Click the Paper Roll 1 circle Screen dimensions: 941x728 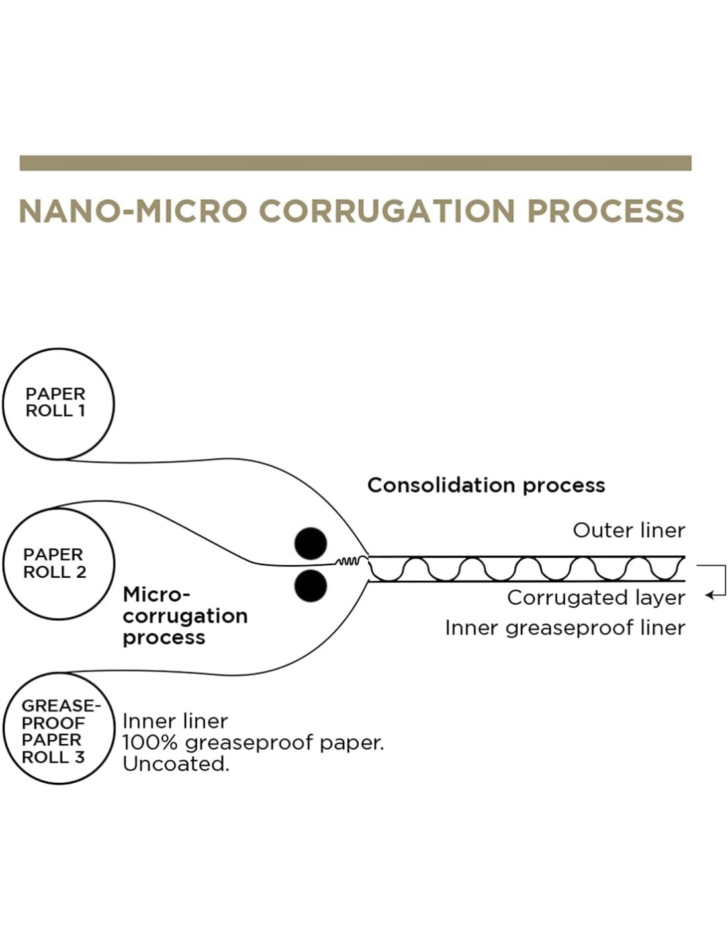coord(58,403)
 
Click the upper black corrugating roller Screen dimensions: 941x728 coord(310,543)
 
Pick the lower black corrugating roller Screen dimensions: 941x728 coord(310,586)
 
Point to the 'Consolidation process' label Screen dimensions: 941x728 coord(486,485)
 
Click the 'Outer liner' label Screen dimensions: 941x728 coord(629,530)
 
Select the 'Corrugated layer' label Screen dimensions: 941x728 coord(596,598)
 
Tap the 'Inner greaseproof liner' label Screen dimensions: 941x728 coord(565,627)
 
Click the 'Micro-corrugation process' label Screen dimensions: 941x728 coord(185,615)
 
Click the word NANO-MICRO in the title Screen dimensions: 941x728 coord(133,211)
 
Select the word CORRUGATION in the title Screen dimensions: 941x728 coord(387,211)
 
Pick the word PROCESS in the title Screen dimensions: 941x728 coord(605,211)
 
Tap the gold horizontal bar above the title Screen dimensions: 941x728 coord(355,163)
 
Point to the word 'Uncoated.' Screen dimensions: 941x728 coord(175,764)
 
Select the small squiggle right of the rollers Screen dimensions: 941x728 coord(349,562)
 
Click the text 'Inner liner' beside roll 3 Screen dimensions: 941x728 coord(175,721)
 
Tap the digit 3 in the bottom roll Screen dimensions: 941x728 coord(79,757)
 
